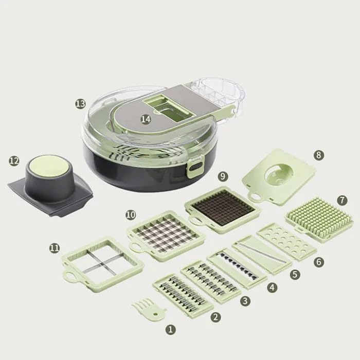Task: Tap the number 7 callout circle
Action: (343, 199)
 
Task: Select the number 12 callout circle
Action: (14, 161)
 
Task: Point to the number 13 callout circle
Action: (80, 103)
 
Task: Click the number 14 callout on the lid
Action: (146, 119)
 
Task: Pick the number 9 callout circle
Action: (223, 176)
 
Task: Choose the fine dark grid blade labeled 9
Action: (222, 207)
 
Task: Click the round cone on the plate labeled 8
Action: (278, 175)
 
